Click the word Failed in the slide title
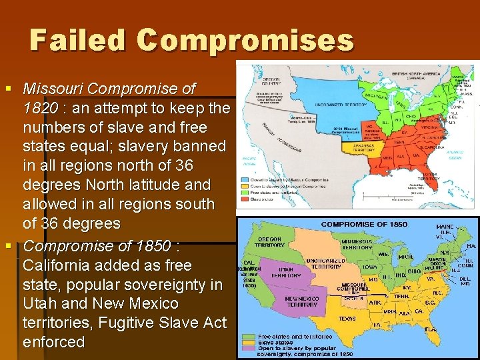click(x=77, y=40)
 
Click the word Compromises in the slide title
click(x=245, y=40)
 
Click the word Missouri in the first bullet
click(x=52, y=89)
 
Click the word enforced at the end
click(x=54, y=343)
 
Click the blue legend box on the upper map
click(x=244, y=179)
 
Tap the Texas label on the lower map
click(x=347, y=319)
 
